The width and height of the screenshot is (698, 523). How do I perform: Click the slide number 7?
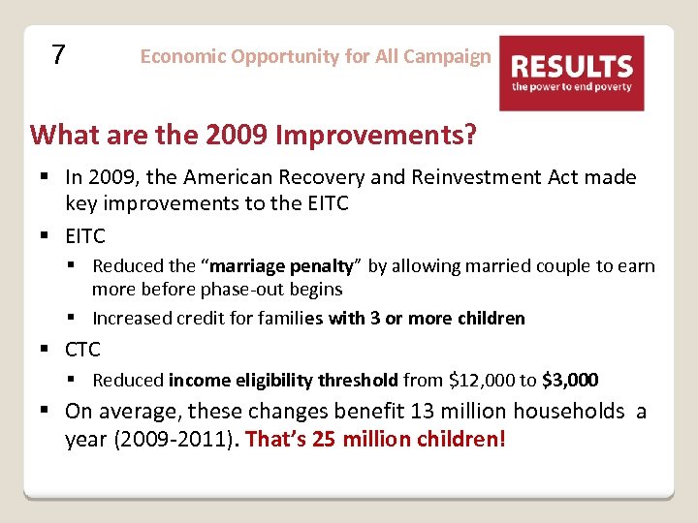(x=58, y=55)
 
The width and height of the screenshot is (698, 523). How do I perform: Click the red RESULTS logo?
(x=571, y=73)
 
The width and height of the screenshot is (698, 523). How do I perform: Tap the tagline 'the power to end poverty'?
(x=571, y=87)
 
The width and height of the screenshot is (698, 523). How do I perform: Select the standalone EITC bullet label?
(x=85, y=235)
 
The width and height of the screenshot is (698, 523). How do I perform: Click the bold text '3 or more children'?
(x=447, y=319)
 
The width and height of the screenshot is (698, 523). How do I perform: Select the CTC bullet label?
(x=82, y=349)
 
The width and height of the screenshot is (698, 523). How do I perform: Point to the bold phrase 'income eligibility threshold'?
(x=283, y=380)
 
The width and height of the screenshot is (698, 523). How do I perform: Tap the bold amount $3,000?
(x=570, y=380)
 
